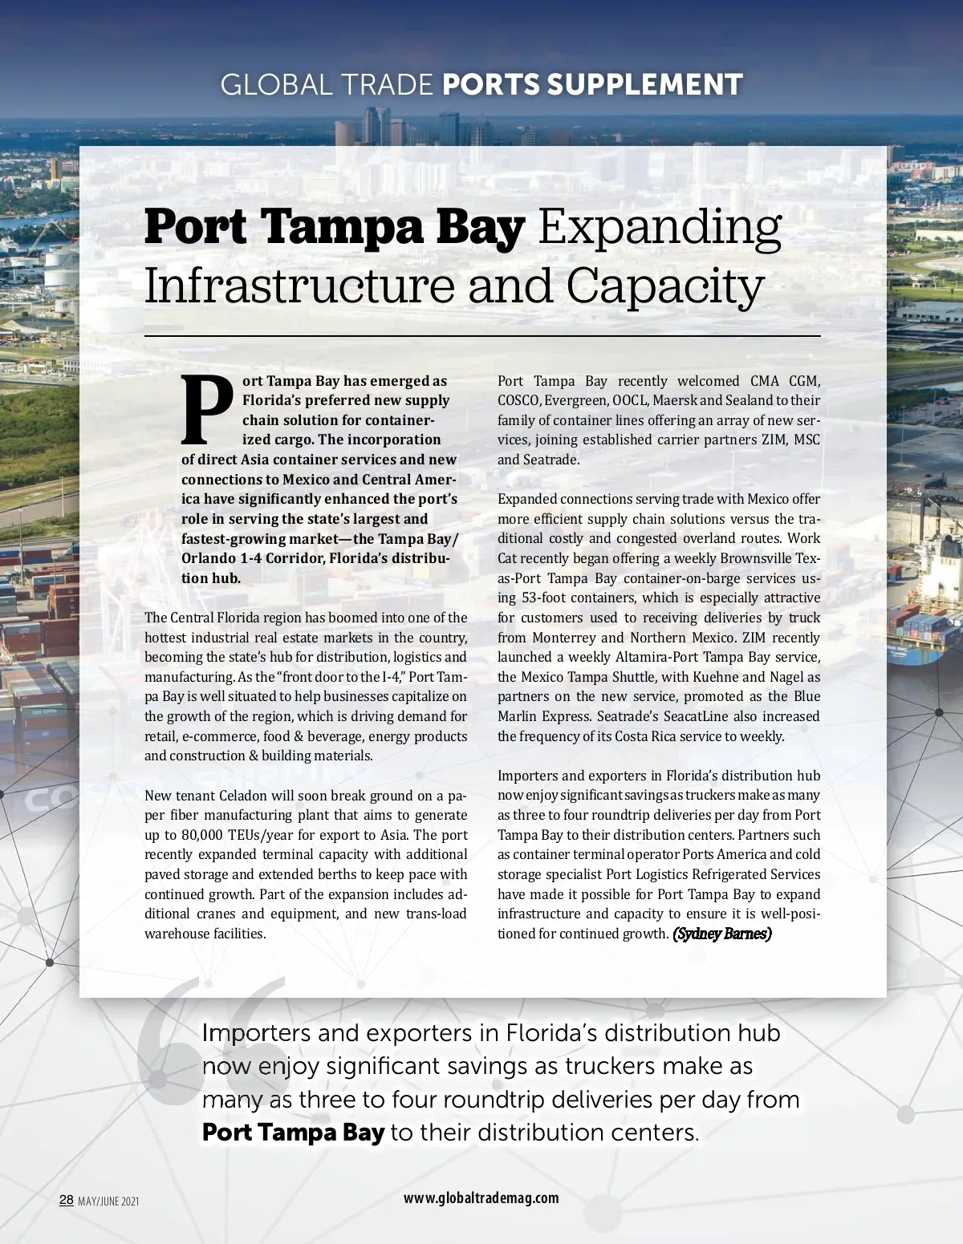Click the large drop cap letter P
(x=207, y=411)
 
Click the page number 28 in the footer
(x=67, y=1200)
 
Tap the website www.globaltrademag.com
(x=481, y=1197)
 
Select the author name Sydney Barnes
(x=722, y=934)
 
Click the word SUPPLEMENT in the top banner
(x=644, y=84)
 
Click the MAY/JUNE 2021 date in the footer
(x=108, y=1201)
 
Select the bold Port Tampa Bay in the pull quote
(x=293, y=1132)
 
